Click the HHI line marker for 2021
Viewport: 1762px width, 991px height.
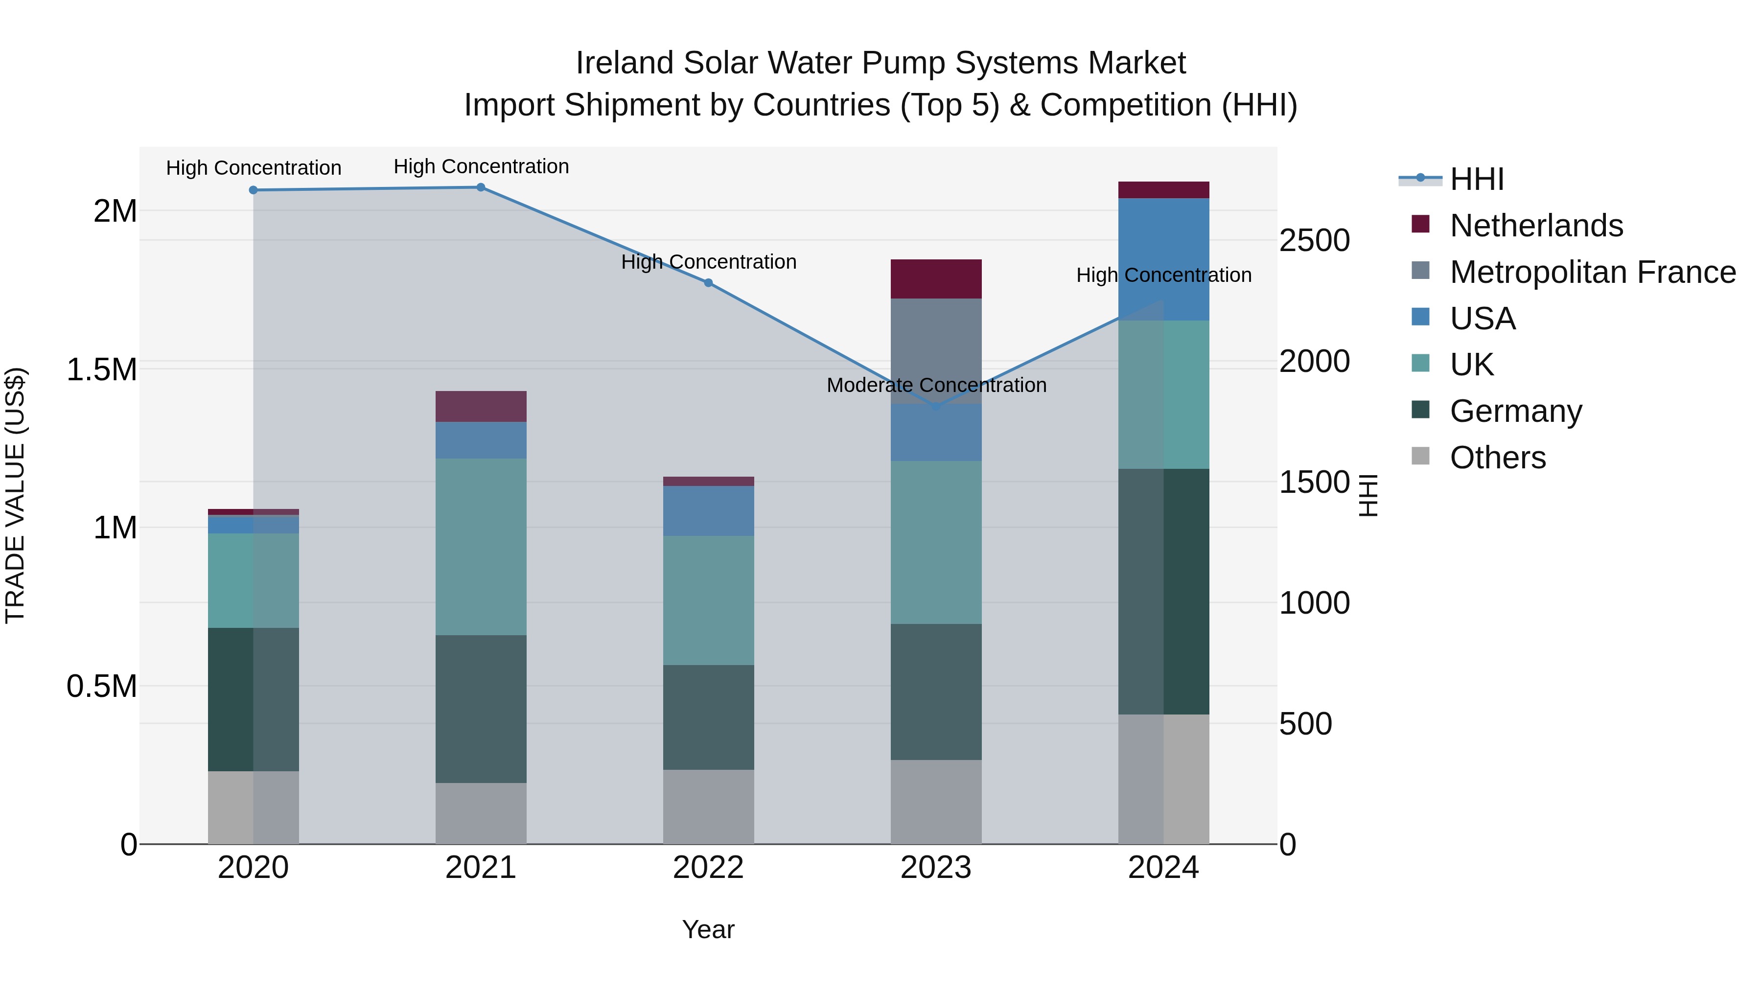click(x=481, y=187)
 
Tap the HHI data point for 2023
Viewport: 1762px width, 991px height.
click(x=936, y=407)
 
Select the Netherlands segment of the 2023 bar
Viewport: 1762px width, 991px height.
click(x=936, y=279)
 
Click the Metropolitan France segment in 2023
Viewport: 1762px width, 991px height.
click(x=936, y=350)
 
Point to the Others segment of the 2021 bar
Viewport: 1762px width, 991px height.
click(x=481, y=813)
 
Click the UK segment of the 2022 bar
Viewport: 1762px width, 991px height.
click(x=709, y=600)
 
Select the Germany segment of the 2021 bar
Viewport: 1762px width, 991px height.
click(x=481, y=709)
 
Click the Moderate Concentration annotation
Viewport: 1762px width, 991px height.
click(x=936, y=386)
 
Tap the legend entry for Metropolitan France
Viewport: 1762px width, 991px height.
click(x=1592, y=272)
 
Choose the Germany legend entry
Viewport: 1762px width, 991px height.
click(x=1516, y=411)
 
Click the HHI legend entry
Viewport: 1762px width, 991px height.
click(x=1476, y=179)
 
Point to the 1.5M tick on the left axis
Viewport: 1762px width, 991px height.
click(x=101, y=369)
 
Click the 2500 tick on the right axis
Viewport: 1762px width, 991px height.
click(x=1314, y=241)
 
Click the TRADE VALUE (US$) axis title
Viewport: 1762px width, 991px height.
click(x=15, y=495)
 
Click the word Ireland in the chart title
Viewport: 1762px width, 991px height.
click(x=624, y=63)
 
